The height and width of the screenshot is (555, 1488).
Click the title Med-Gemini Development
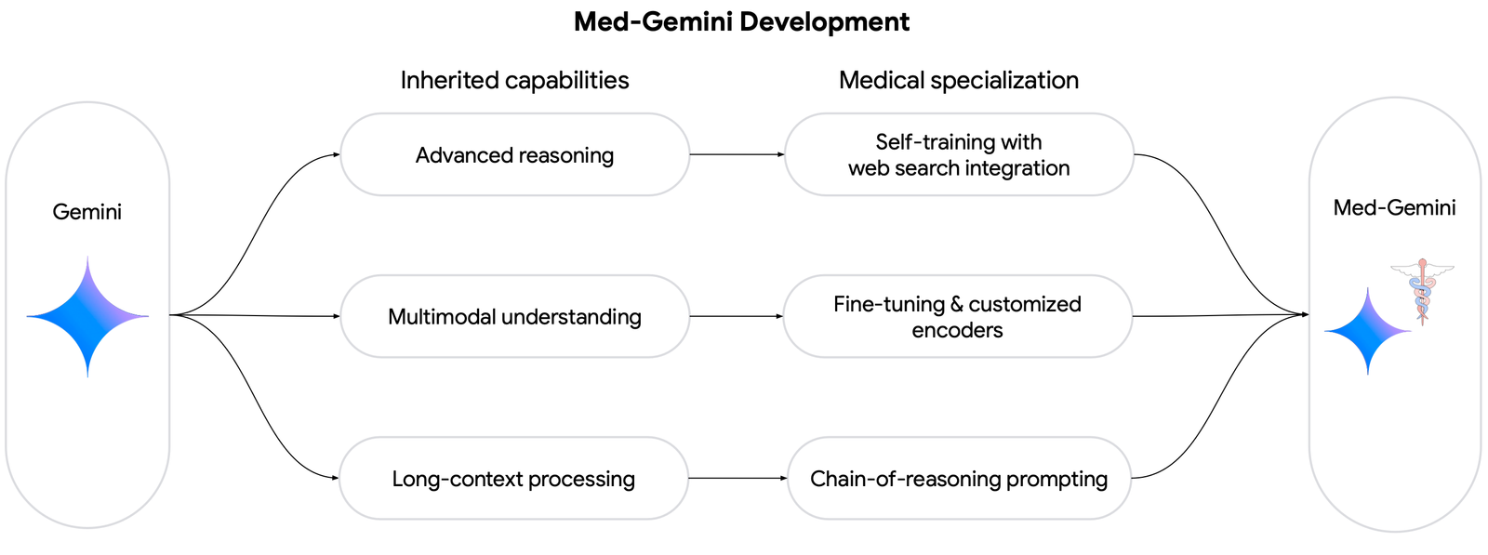click(741, 21)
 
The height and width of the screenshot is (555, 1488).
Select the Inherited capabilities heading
click(514, 80)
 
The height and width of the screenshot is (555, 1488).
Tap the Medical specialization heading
click(958, 80)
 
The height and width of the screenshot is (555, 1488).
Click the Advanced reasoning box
click(514, 155)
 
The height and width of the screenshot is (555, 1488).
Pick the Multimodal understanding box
click(514, 317)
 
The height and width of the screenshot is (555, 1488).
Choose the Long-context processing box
click(513, 479)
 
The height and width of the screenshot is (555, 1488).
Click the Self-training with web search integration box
click(958, 155)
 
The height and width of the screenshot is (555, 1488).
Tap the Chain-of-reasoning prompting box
click(958, 479)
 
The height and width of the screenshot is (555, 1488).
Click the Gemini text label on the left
click(86, 212)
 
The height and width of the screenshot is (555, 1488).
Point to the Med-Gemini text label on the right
click(1394, 207)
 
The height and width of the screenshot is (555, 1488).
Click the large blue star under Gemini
click(87, 317)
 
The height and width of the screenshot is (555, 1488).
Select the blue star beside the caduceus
click(1367, 331)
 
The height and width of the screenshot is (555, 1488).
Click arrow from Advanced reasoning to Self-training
click(737, 154)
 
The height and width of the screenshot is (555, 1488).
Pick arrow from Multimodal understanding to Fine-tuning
click(737, 316)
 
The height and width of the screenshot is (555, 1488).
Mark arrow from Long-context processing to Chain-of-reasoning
click(737, 478)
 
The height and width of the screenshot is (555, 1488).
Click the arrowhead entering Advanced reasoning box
click(336, 154)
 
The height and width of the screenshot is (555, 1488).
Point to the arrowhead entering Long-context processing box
click(335, 478)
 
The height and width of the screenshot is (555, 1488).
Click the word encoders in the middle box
click(957, 330)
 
